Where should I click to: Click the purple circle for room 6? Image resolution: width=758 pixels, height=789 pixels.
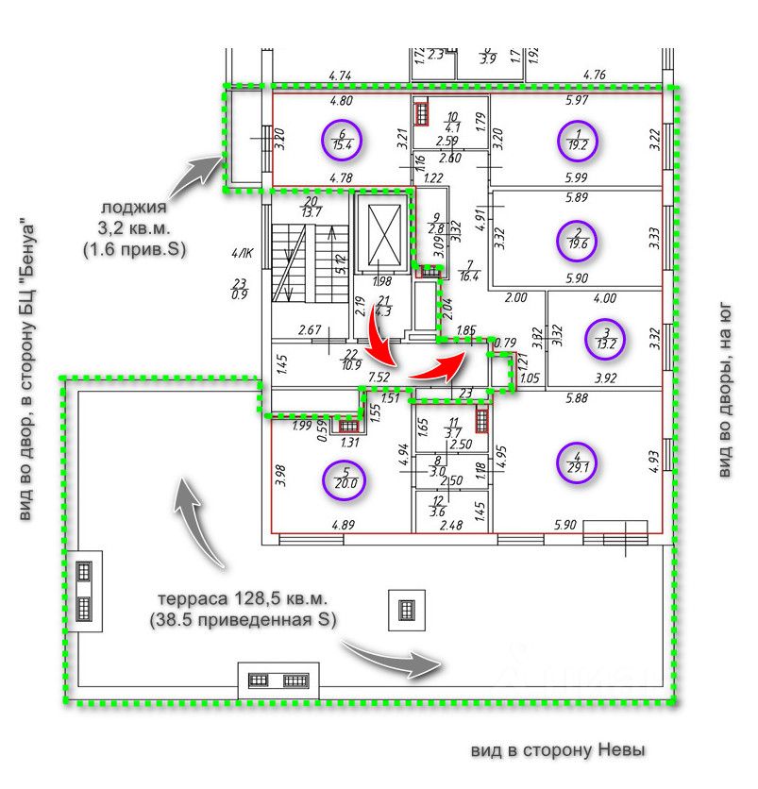pos(341,140)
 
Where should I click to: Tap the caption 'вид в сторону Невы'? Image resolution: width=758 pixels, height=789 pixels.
pos(558,751)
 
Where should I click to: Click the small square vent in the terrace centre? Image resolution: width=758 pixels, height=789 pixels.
pos(406,610)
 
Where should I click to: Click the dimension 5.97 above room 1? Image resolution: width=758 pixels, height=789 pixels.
pos(576,100)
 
